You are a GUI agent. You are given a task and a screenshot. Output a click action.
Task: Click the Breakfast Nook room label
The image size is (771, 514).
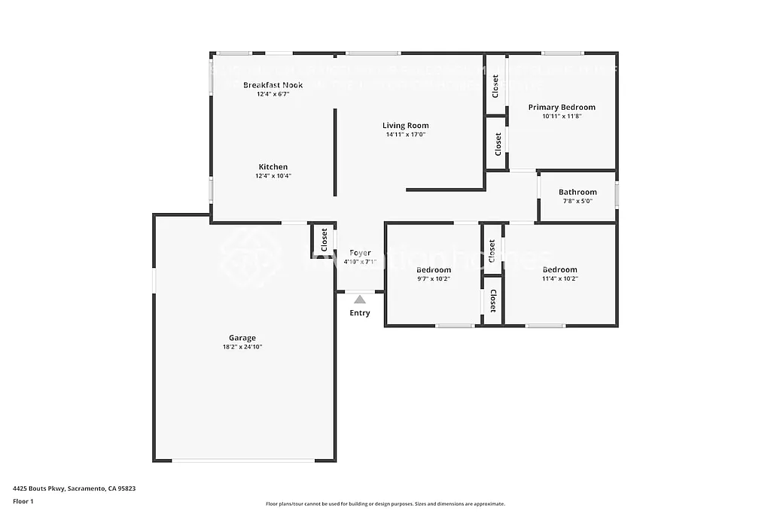point(273,85)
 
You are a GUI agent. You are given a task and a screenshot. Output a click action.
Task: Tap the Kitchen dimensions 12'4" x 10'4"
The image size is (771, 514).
point(273,176)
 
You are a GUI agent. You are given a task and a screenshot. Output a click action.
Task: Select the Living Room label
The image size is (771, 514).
point(405,126)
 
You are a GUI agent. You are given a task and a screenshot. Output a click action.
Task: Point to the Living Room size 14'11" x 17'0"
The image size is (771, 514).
point(405,135)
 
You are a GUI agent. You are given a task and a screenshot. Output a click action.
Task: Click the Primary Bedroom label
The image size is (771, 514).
point(561,107)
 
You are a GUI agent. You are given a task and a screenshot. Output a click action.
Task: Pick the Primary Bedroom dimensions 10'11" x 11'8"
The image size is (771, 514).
point(561,116)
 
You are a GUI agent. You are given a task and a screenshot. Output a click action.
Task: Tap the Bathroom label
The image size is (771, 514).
point(577,192)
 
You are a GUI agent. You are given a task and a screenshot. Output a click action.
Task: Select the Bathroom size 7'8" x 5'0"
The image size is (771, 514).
point(577,201)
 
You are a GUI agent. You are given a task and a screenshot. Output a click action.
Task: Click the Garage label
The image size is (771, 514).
point(242,338)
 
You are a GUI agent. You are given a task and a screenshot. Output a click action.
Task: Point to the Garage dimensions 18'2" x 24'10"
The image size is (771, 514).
point(242,347)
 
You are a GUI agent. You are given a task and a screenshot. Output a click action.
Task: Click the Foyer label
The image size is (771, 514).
point(360,253)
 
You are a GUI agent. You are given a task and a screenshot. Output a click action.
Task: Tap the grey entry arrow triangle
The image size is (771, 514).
point(360,300)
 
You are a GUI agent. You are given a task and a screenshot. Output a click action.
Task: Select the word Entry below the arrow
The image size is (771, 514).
point(360,313)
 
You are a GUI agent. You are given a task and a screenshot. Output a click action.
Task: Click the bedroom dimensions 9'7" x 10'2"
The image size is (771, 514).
point(434,279)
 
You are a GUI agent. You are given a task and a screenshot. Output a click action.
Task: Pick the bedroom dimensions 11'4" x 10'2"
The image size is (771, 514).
point(559,279)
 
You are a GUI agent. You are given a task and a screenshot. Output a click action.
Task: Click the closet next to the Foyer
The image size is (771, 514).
point(324,239)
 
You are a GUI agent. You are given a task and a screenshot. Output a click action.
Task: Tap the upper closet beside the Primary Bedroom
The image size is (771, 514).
point(495,85)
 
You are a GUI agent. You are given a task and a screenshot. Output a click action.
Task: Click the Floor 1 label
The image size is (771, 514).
point(24,500)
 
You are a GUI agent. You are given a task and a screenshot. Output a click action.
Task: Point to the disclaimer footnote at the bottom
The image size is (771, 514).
point(385,504)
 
